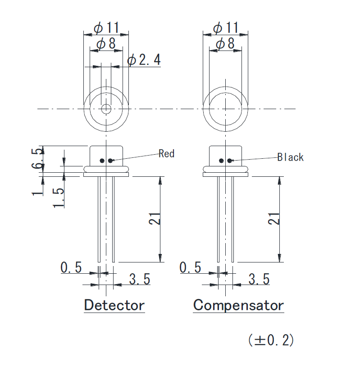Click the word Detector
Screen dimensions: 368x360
coord(114,305)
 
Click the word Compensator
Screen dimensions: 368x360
coord(238,305)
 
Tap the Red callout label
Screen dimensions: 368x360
coord(166,154)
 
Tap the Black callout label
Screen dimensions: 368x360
coord(290,157)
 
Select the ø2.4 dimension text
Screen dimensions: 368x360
coord(144,60)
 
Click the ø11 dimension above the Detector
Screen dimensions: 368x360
coord(106,28)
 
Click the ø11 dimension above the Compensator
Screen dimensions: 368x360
coord(225,28)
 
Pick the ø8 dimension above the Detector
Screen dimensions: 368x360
coord(106,44)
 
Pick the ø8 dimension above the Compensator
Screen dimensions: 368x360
coord(225,44)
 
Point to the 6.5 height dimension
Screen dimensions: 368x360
coord(38,158)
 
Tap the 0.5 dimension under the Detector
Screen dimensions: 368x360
coord(71,268)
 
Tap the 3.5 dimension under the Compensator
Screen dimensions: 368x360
coord(259,279)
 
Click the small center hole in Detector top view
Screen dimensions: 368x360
coord(106,109)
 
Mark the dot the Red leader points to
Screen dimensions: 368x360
coord(110,160)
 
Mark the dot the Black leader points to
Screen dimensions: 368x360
coord(230,160)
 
